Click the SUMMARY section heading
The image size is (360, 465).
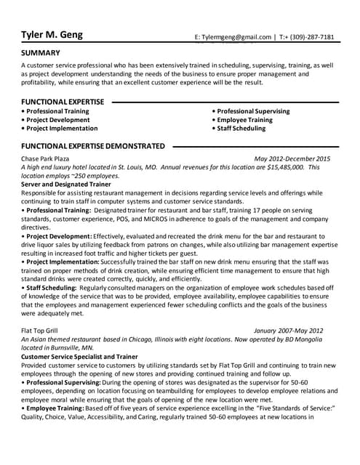[x=41, y=53]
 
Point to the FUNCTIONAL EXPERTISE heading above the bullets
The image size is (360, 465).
[x=63, y=101]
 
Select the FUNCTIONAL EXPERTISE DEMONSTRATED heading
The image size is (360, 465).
[x=93, y=145]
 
